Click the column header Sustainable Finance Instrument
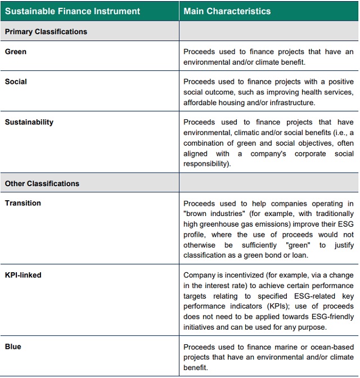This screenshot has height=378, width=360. tap(73, 11)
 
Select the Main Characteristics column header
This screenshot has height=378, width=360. tap(227, 11)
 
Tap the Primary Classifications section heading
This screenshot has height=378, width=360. tap(46, 31)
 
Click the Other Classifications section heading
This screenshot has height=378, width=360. tap(42, 183)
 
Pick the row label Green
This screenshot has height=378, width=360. tap(16, 52)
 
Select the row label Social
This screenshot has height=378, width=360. tap(16, 82)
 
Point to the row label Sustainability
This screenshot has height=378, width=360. tap(29, 122)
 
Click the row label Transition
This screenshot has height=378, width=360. tap(23, 203)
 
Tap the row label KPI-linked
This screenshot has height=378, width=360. tap(23, 275)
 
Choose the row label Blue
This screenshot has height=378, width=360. tap(13, 346)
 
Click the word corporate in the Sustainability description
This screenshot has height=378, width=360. tap(312, 154)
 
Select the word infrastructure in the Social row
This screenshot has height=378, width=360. tap(294, 102)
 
